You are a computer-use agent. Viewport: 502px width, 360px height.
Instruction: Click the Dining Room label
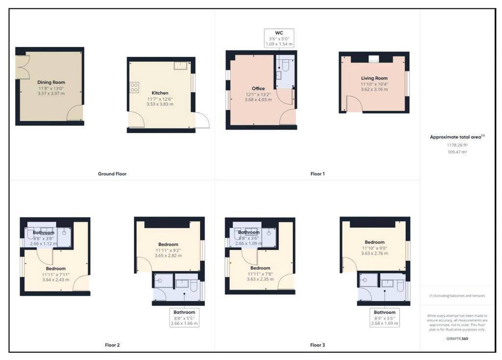51,82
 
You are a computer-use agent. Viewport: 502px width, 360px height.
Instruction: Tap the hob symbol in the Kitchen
134,87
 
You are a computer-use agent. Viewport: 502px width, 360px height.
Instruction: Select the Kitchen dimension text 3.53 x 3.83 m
160,104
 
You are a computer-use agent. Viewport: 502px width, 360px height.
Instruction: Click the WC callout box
279,38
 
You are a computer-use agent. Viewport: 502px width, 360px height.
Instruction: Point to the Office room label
258,88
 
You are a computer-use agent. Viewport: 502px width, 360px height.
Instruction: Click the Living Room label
374,78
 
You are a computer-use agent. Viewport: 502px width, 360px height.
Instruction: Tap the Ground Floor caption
112,174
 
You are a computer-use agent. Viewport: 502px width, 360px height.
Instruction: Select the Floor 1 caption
318,174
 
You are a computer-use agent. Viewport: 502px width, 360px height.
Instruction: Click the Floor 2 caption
112,345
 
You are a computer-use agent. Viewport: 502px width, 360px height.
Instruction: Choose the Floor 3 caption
318,345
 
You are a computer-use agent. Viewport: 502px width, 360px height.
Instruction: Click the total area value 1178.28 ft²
457,145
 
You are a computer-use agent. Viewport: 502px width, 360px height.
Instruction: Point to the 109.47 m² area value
457,152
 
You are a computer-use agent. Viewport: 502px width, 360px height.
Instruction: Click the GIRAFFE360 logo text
457,338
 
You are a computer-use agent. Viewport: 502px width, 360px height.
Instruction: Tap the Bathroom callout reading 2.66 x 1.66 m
184,317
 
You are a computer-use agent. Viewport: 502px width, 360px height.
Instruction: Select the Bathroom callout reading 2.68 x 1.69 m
384,317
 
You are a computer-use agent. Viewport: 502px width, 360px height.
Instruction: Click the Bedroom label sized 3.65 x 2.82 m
168,244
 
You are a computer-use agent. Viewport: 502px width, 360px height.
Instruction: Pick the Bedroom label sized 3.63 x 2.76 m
375,242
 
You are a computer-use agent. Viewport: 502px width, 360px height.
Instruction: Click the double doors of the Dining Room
23,67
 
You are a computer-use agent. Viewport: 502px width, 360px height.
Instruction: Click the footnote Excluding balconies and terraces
457,296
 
